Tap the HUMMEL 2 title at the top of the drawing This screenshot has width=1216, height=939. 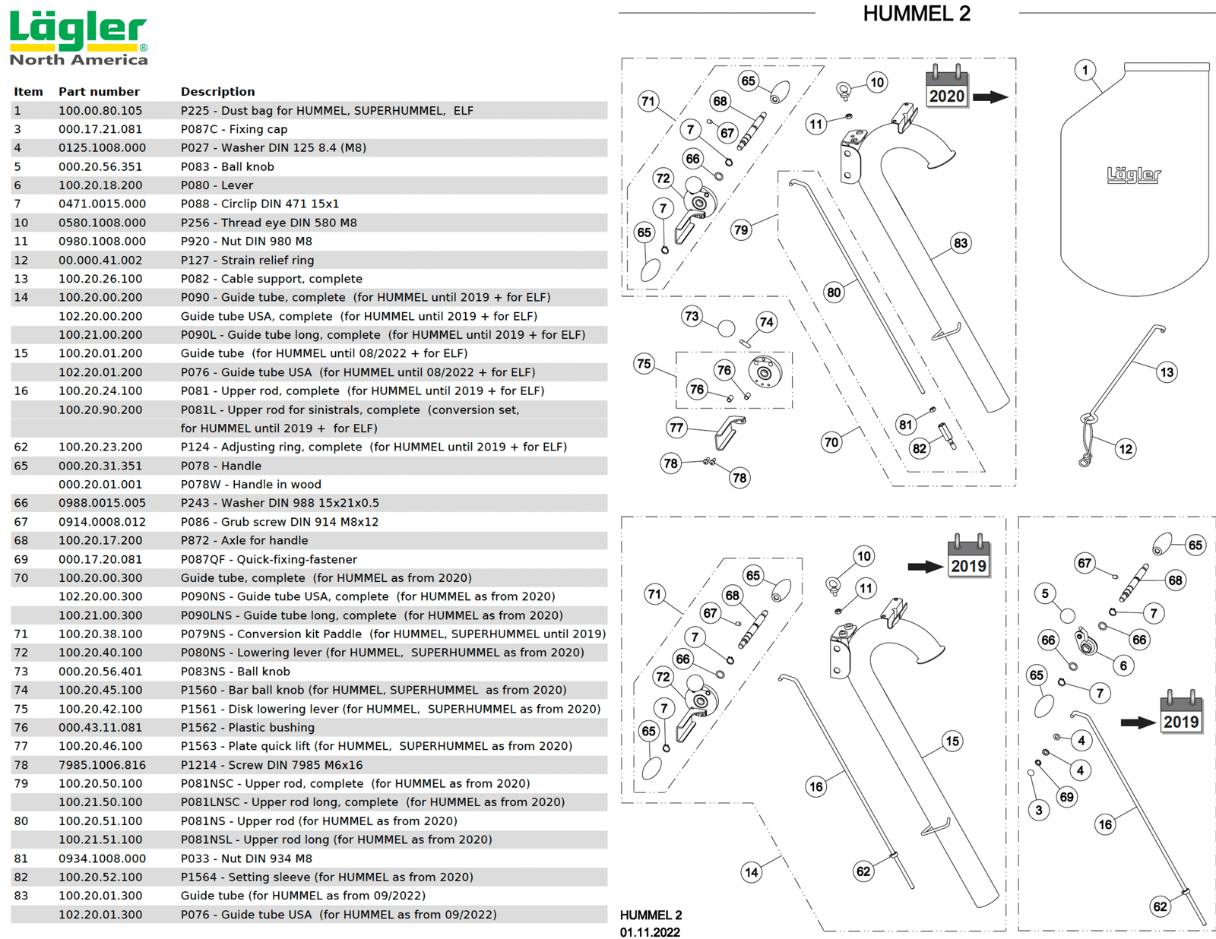(x=917, y=14)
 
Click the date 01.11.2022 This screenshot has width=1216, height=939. (x=650, y=932)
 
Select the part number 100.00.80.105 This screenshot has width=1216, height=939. (x=100, y=111)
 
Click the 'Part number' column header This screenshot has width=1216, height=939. (x=99, y=92)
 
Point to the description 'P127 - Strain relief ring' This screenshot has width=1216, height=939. (x=247, y=260)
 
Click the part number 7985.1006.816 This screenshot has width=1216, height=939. (x=102, y=765)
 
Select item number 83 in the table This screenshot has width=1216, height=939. (x=21, y=896)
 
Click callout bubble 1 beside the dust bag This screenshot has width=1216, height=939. (x=1085, y=71)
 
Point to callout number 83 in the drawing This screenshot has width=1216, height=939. (x=961, y=243)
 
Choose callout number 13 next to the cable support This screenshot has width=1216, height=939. (x=1167, y=372)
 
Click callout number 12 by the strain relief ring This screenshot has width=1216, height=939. (x=1126, y=449)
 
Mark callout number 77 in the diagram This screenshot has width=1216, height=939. (x=676, y=428)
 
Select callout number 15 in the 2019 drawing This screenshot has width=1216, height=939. (x=952, y=741)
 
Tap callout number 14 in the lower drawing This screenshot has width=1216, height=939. (x=751, y=872)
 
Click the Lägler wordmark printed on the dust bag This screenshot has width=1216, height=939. (x=1134, y=175)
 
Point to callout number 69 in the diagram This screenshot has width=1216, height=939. (x=1067, y=797)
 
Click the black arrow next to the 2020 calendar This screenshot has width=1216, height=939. (x=990, y=97)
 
